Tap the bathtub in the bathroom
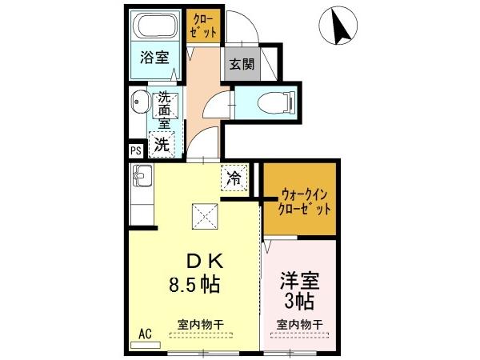(156, 26)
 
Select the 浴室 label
(154, 58)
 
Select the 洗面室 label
(165, 110)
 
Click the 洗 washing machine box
(162, 145)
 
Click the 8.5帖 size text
(194, 283)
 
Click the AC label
(146, 334)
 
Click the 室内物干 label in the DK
(200, 323)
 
